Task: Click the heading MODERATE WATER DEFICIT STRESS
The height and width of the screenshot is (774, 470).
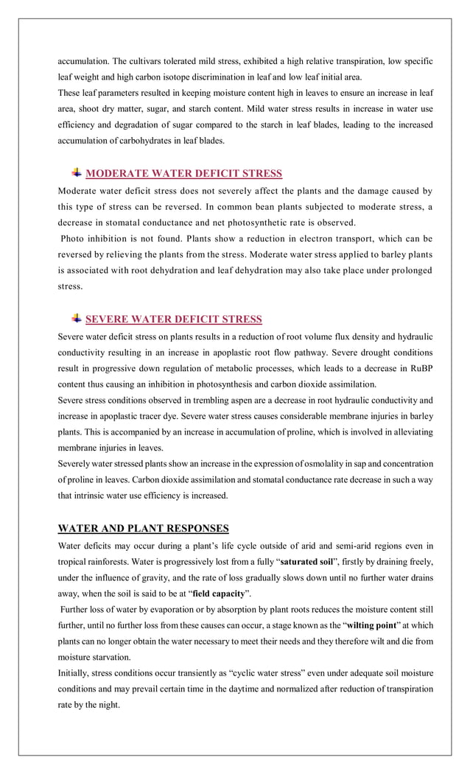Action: (x=183, y=174)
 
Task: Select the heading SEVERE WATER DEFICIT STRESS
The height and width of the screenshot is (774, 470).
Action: (x=173, y=320)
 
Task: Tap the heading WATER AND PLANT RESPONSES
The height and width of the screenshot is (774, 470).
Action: (x=143, y=528)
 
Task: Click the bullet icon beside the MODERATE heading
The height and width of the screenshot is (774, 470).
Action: (x=77, y=173)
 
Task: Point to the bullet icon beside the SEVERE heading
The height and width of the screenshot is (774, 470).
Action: (x=77, y=319)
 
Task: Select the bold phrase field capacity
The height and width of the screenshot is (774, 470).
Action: (x=218, y=593)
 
